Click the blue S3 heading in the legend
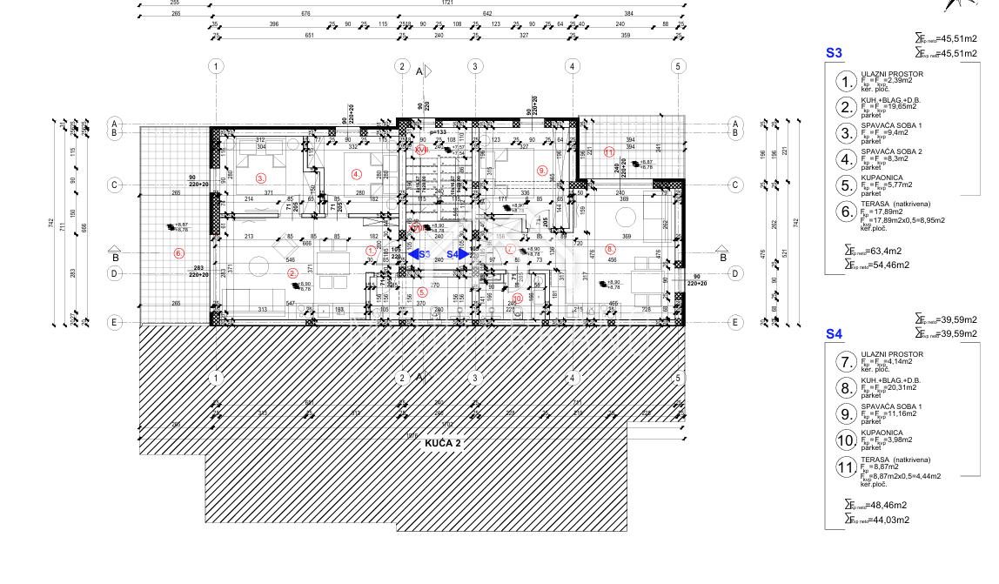834,53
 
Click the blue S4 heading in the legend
834,333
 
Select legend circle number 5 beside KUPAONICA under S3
845,185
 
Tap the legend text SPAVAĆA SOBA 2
891,151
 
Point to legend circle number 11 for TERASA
845,467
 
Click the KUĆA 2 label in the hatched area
443,443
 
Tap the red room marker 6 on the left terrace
179,253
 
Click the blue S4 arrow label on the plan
453,253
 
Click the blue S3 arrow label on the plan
425,253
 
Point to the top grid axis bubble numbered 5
677,66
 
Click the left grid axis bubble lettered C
112,185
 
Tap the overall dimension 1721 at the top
447,3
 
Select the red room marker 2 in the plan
292,272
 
